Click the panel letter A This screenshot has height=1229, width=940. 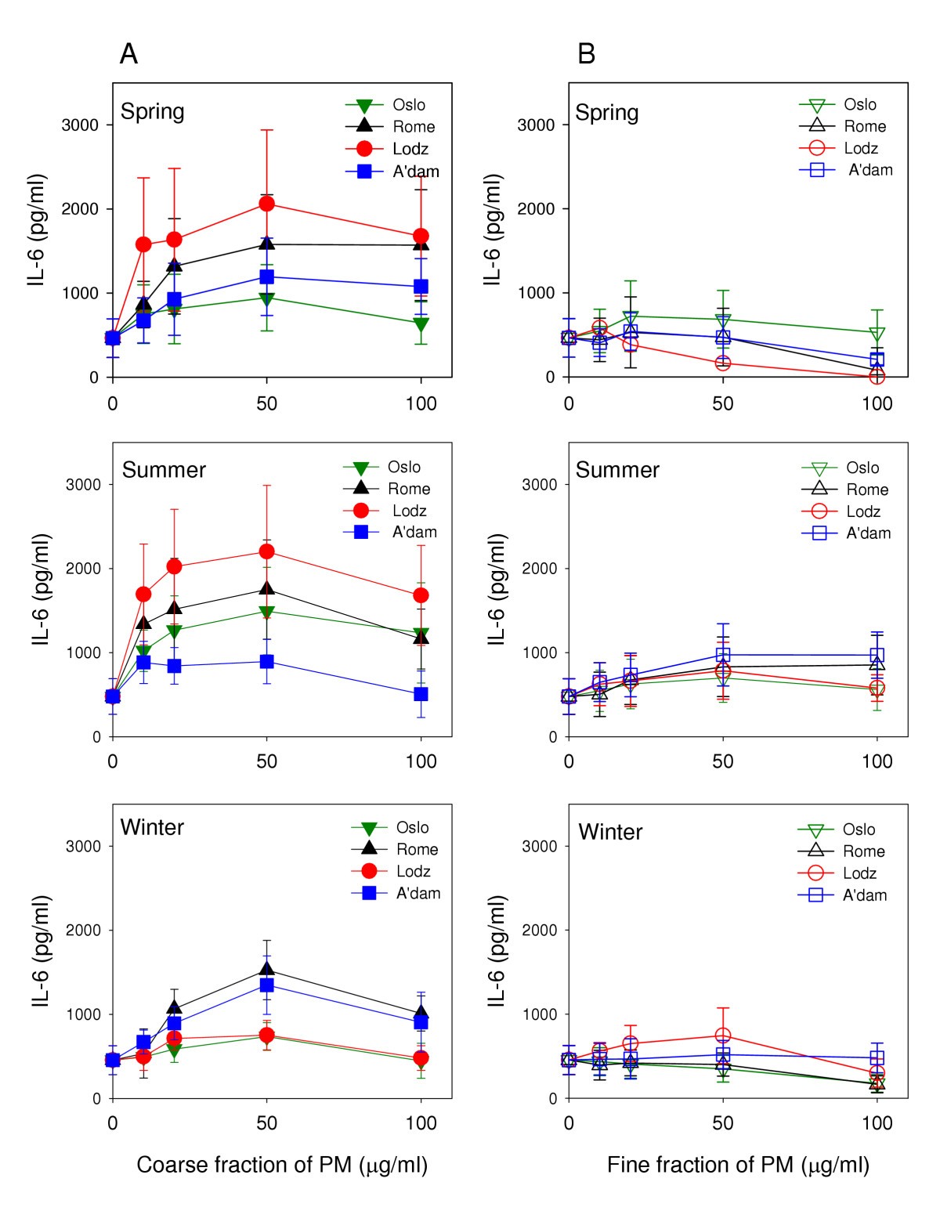[x=128, y=54]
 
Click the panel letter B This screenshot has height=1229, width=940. [x=586, y=54]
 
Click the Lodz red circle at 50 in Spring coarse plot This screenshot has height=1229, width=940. [x=266, y=204]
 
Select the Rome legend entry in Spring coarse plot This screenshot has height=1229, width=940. [x=413, y=127]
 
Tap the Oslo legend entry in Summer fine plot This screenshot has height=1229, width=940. [x=862, y=468]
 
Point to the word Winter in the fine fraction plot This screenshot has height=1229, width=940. [x=610, y=832]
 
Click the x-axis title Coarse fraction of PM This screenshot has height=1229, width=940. [x=282, y=1165]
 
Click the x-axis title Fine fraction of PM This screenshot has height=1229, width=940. [x=738, y=1165]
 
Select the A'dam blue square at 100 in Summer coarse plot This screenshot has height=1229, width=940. [x=421, y=694]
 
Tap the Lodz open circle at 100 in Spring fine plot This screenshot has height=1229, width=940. [x=877, y=377]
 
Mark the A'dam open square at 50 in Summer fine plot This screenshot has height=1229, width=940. [x=722, y=655]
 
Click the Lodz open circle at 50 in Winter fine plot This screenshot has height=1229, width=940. [x=722, y=1036]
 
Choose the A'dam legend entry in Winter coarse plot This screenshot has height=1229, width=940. [x=418, y=893]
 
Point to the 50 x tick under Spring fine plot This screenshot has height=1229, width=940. [x=722, y=403]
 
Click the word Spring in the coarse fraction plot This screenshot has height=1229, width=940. [x=152, y=111]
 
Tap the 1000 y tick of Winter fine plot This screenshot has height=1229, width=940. [x=539, y=1014]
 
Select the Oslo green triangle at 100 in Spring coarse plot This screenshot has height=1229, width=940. [x=421, y=324]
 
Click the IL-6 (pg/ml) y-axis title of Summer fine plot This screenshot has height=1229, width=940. [x=497, y=589]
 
